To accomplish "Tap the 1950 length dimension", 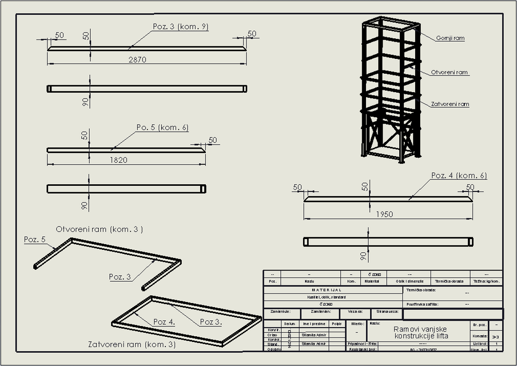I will (x=384, y=214).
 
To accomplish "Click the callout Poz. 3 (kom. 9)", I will (x=180, y=27).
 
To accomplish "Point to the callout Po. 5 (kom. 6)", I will (x=162, y=128).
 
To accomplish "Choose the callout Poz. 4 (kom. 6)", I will (x=459, y=176).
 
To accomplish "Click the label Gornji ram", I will (x=450, y=38).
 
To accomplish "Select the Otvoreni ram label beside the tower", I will (x=450, y=73).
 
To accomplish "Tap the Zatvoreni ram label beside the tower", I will (x=450, y=104).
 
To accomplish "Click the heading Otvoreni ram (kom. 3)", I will (x=99, y=229).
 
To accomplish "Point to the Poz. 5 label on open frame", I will (x=34, y=240).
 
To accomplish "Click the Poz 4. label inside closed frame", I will (x=164, y=322).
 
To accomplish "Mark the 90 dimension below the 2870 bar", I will (x=85, y=102).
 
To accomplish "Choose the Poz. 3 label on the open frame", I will (x=120, y=277).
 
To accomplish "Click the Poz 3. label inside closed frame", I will (x=210, y=322).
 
